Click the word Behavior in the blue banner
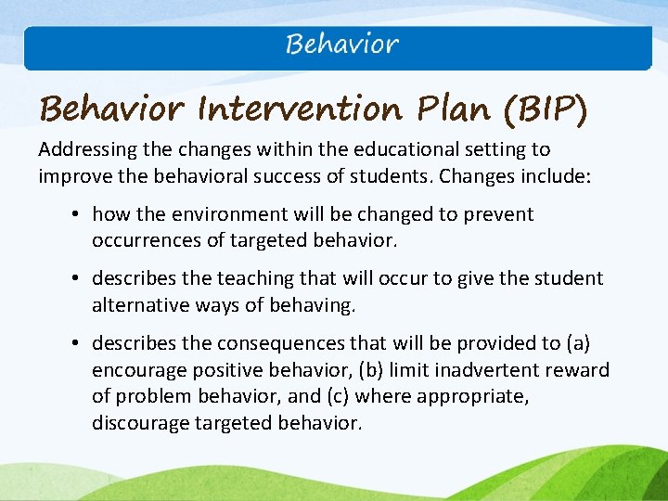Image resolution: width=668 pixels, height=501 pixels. (342, 44)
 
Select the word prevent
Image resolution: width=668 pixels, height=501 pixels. (499, 214)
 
